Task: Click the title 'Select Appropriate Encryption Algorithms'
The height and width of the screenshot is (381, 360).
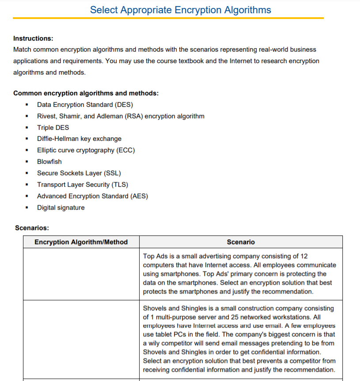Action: [x=180, y=10]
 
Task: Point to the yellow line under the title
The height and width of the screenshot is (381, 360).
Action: [x=168, y=18]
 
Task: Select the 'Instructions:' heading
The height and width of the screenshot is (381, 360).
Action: [x=33, y=38]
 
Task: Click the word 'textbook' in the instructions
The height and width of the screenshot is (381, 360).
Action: [x=190, y=61]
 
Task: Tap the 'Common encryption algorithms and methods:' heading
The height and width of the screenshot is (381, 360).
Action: [x=86, y=93]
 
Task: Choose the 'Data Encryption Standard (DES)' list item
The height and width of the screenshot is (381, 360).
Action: [x=85, y=105]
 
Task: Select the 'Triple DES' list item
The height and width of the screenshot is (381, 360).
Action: [x=53, y=128]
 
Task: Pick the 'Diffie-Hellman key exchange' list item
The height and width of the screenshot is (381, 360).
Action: [x=79, y=139]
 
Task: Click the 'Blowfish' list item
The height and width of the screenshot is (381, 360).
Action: [x=49, y=162]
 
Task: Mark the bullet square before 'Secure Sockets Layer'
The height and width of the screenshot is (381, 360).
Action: [x=27, y=173]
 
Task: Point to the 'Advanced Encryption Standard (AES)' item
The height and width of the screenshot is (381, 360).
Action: [x=92, y=196]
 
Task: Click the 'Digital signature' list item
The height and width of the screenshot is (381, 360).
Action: [x=61, y=207]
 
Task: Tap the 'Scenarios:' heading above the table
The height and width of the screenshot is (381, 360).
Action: [x=32, y=228]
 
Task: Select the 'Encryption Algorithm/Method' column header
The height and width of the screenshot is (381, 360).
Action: [x=81, y=242]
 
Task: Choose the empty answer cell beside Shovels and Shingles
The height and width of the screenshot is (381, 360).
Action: [x=81, y=339]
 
